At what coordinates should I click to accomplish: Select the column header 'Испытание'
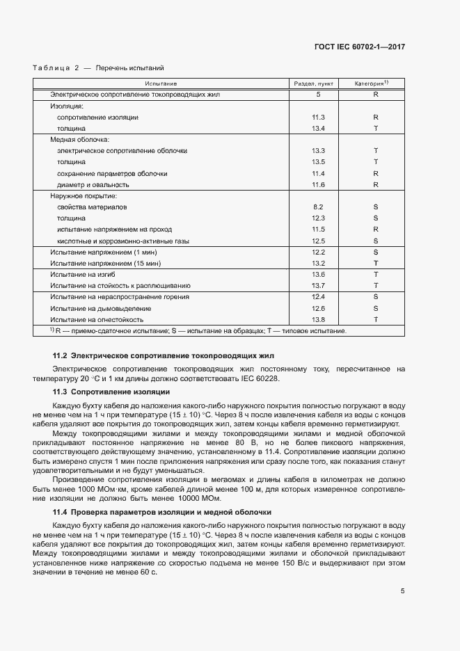coord(161,83)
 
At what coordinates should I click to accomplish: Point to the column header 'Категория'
coord(374,83)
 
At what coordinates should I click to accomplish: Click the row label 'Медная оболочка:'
coord(75,140)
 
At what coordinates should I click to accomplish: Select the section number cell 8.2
coord(319,207)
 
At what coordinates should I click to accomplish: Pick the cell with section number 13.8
coord(319,319)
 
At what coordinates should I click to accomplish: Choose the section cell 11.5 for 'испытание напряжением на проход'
coord(319,230)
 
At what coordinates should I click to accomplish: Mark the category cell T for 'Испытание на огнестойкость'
coord(375,319)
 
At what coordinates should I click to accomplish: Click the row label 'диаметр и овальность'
coord(93,185)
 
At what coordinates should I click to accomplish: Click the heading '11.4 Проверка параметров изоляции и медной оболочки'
coord(161,512)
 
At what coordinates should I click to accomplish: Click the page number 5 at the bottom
coord(402,591)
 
